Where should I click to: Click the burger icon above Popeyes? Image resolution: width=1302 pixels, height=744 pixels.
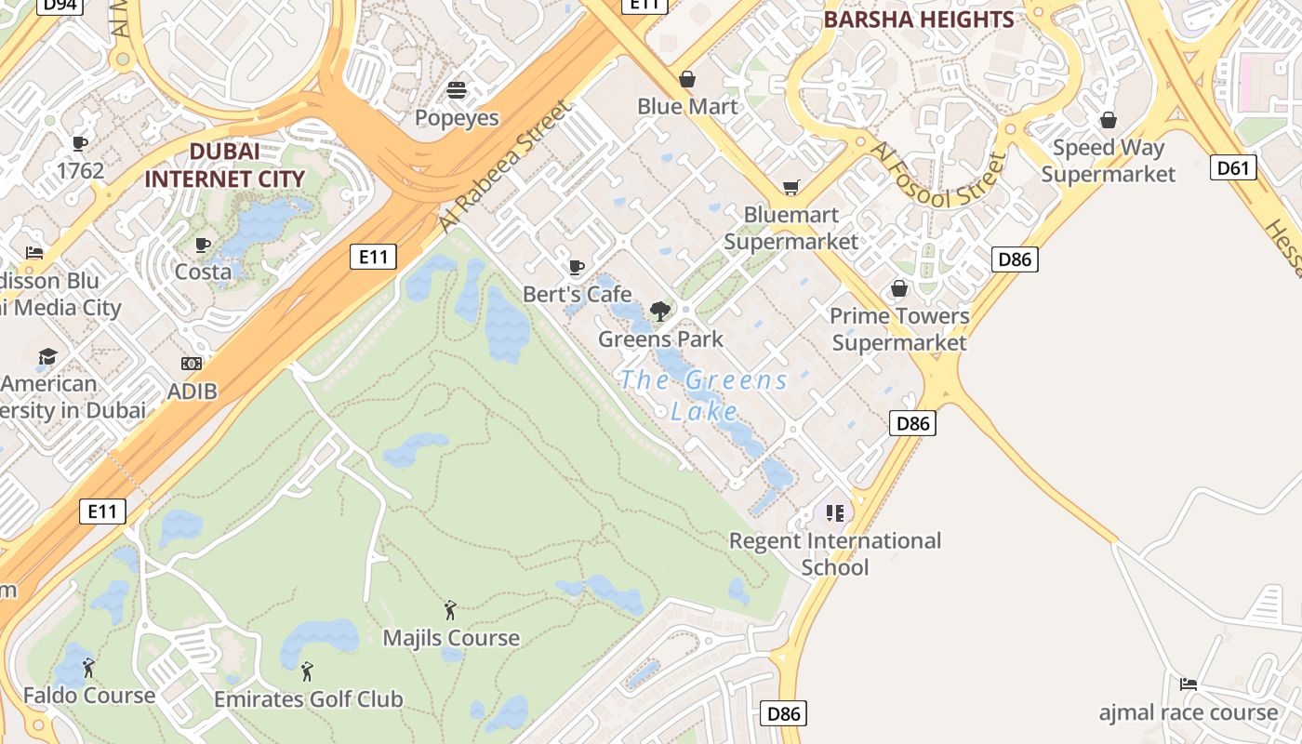point(457,89)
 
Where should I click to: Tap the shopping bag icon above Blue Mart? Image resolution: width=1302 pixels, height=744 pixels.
point(687,78)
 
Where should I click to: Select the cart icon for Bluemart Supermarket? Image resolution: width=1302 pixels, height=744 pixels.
point(790,188)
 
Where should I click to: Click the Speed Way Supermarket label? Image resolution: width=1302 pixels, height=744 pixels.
point(1108,161)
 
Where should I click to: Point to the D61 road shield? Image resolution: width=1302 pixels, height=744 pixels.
point(1233,167)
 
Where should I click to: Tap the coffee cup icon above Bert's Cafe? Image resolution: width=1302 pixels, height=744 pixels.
point(577,268)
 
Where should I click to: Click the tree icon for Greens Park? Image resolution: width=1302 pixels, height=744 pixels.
point(660,312)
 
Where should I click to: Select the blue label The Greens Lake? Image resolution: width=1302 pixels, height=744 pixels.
point(704,395)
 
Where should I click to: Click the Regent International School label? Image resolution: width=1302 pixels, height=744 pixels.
point(834,553)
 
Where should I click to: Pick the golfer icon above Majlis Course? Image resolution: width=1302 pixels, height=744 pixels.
point(451,610)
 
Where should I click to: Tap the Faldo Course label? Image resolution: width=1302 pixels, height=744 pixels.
point(89,695)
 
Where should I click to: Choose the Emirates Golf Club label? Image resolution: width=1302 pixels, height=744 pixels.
point(308,698)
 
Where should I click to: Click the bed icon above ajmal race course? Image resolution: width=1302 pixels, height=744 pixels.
point(1189,684)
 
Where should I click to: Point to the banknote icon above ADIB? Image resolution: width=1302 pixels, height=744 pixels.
point(192,364)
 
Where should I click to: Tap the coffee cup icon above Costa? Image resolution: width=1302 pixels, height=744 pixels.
point(203,245)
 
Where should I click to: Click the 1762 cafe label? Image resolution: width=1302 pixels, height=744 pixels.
point(80,170)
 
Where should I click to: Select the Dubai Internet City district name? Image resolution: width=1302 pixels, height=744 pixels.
point(224,165)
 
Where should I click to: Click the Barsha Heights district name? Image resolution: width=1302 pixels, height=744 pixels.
point(918,20)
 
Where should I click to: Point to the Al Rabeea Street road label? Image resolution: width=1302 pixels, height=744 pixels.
point(506,167)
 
